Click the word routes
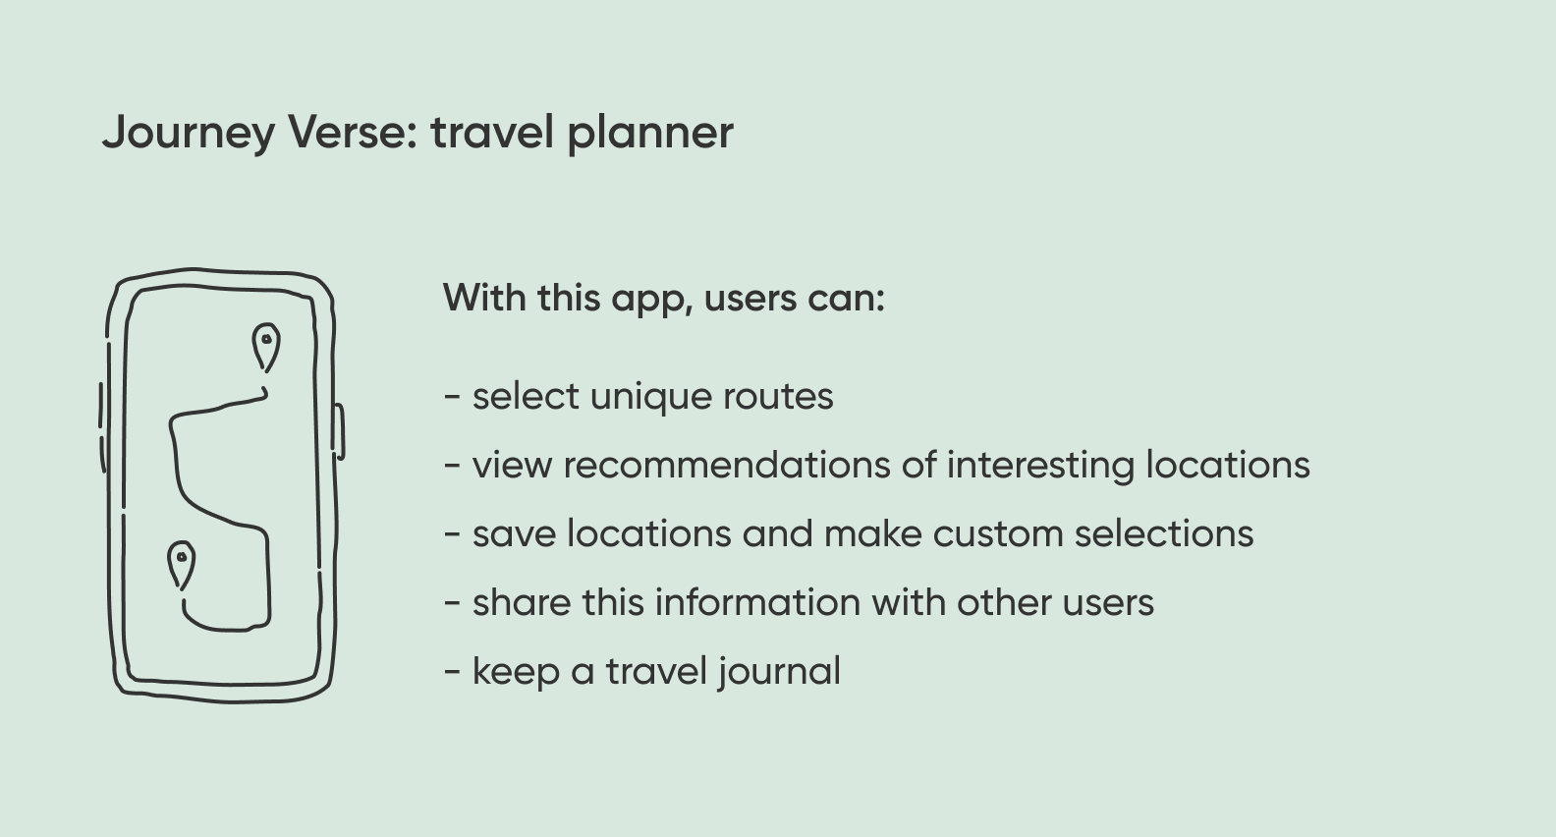[x=778, y=397]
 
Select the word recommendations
[x=727, y=465]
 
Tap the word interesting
[x=1040, y=467]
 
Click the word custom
[x=997, y=534]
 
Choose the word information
[x=757, y=601]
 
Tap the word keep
[x=516, y=673]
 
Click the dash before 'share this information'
[x=452, y=603]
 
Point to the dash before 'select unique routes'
[x=452, y=397]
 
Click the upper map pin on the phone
[x=266, y=345]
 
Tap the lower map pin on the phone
[x=182, y=565]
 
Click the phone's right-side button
[x=340, y=431]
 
